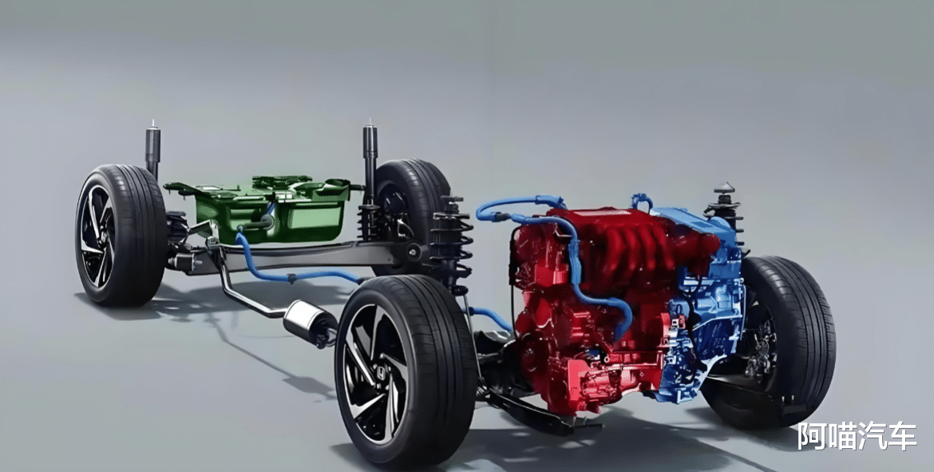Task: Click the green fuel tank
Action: (268, 208)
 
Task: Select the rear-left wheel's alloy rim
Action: (97, 236)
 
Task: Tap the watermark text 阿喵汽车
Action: (857, 436)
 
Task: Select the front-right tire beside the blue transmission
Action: (774, 339)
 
